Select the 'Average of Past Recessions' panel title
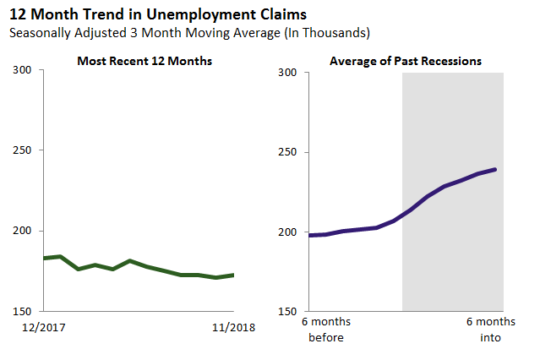coord(406,61)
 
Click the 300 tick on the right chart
coord(288,73)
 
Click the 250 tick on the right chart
coord(288,153)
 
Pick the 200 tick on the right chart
coord(288,232)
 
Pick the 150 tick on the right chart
coord(288,312)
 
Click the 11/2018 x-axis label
coord(232,325)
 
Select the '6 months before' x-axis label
coord(325,330)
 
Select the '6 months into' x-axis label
coord(490,330)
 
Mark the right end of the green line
coord(233,275)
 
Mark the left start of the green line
coord(44,258)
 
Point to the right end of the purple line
coord(495,169)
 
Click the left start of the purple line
coord(310,235)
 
